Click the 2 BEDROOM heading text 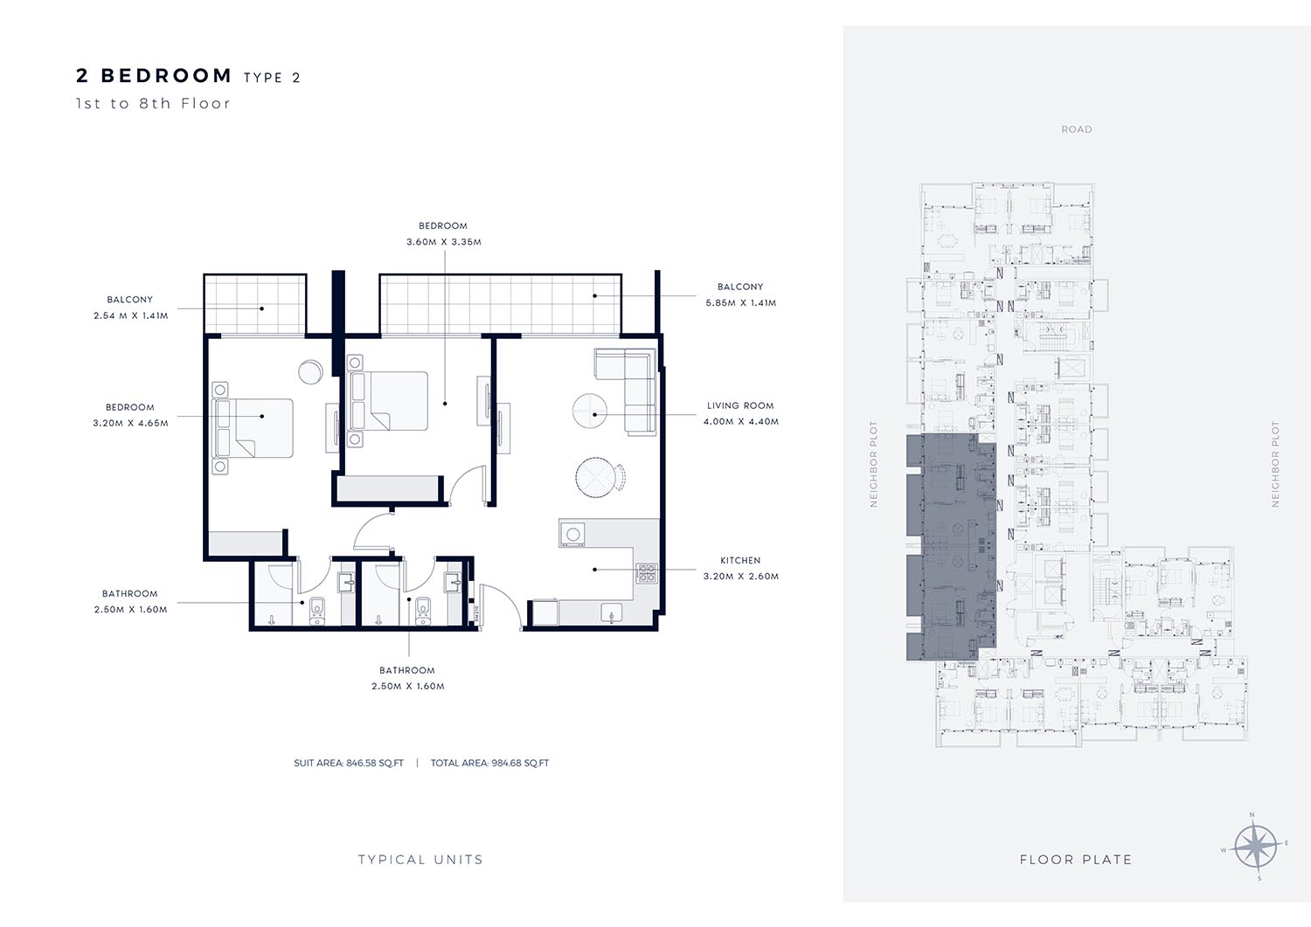[x=155, y=75]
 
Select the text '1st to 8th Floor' [x=153, y=104]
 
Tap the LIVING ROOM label [x=740, y=405]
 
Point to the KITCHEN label [x=740, y=560]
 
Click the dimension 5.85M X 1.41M [x=741, y=302]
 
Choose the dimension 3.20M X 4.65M [x=130, y=423]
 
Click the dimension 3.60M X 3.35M [x=444, y=242]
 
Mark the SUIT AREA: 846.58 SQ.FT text [x=349, y=763]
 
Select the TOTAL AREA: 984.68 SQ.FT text [x=489, y=763]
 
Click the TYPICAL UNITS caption [x=420, y=860]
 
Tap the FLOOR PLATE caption [x=1076, y=860]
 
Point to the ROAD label [x=1077, y=129]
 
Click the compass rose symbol [x=1256, y=847]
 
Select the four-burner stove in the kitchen [x=647, y=573]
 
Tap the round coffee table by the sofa [x=589, y=411]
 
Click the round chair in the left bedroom [x=310, y=371]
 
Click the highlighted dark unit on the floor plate [x=951, y=547]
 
